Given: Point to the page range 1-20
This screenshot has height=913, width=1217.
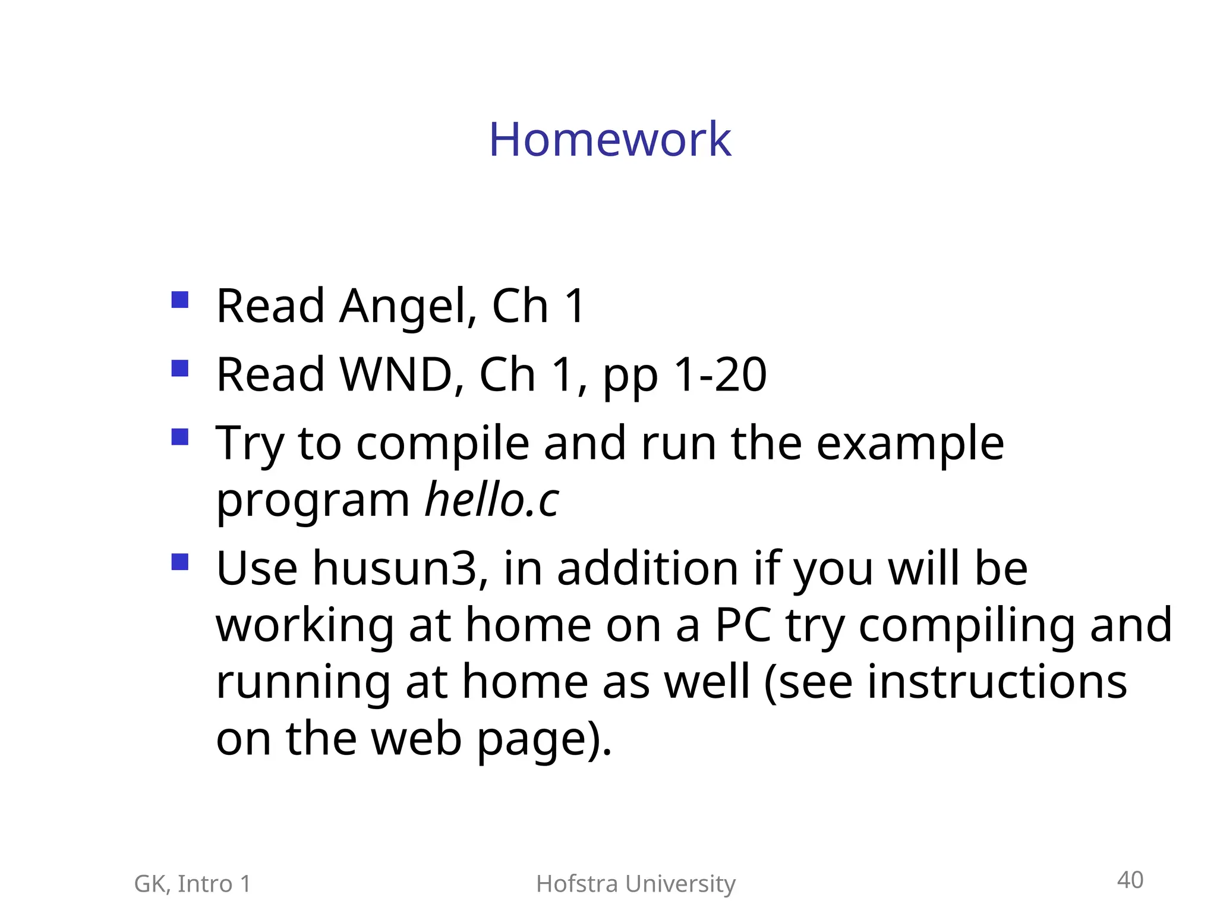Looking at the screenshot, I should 720,375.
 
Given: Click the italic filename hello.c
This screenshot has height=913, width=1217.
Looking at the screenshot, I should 492,500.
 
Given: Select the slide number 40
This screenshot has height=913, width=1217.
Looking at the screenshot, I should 1130,880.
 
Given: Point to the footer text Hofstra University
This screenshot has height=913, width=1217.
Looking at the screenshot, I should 635,884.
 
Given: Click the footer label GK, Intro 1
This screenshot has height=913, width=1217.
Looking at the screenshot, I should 193,884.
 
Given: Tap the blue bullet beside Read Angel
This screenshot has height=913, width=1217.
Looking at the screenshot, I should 179,300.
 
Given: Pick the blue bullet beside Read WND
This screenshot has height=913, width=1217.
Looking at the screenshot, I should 179,369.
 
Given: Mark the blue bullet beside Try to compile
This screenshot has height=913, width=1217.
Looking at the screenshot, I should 179,437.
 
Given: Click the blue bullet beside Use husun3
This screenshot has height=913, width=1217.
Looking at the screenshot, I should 179,562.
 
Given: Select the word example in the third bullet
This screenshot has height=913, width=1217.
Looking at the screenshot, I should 910,444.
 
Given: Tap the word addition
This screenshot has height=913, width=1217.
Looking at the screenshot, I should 648,568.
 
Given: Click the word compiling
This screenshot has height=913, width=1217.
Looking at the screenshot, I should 966,626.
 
